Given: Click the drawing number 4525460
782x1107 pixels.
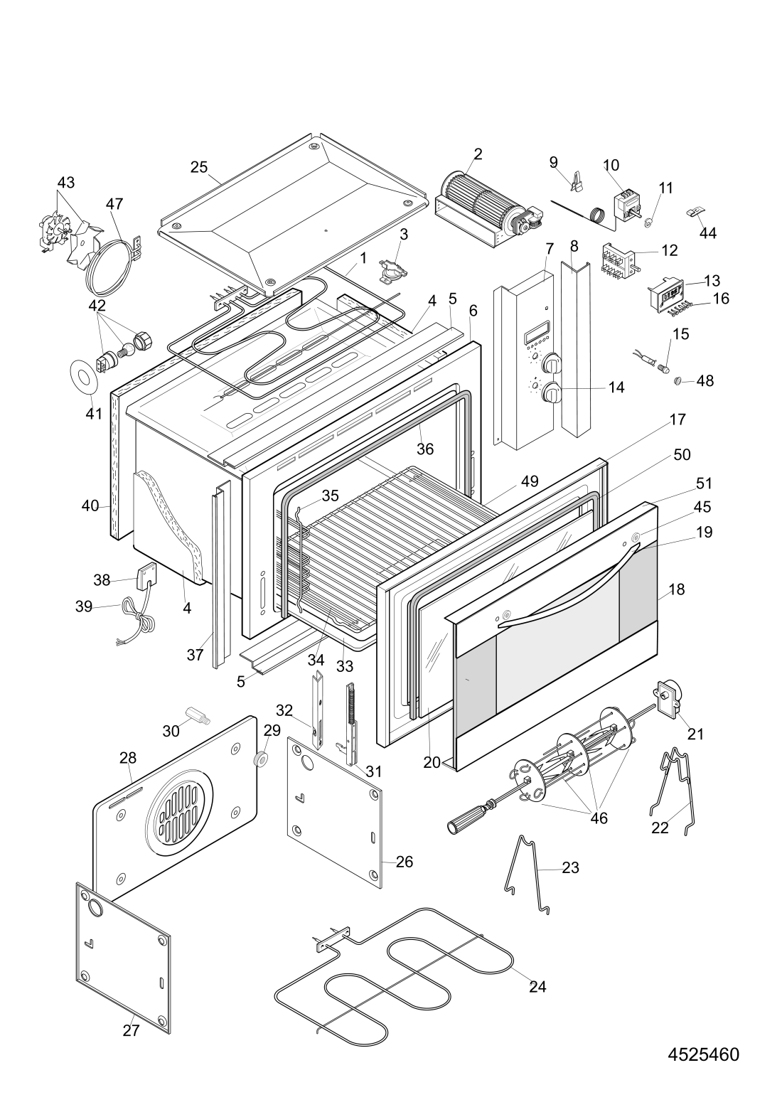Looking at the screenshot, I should [703, 1054].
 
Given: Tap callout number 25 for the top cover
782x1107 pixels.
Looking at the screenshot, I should [199, 168].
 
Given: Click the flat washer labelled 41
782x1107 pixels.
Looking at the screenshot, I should [84, 378].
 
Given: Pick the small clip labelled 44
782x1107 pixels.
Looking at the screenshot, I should [695, 213].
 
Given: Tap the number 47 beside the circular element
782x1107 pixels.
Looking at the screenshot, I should [115, 204].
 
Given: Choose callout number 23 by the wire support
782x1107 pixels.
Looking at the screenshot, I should [570, 867].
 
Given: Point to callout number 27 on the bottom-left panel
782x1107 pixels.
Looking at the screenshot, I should [131, 1030].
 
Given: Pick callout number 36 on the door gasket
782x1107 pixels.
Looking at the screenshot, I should [424, 449].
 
